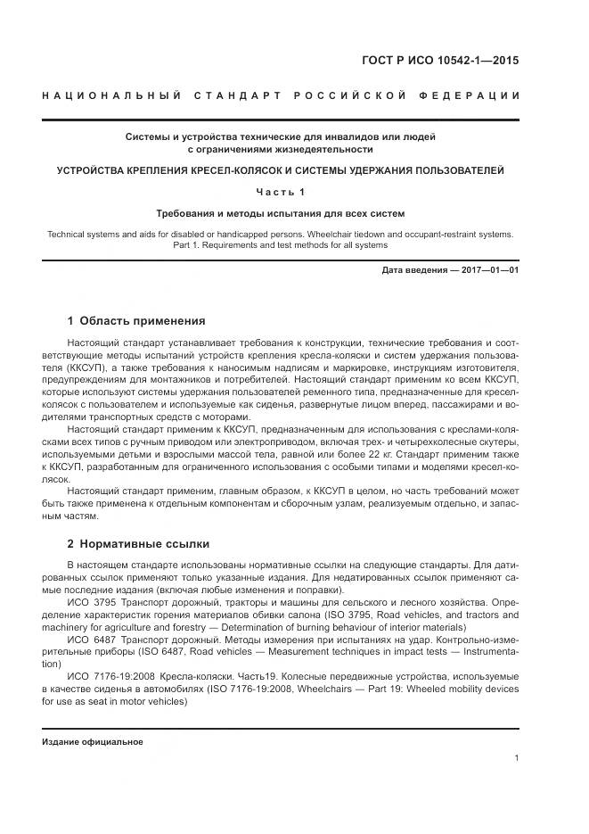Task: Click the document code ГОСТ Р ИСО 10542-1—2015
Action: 452,62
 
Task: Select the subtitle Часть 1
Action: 281,192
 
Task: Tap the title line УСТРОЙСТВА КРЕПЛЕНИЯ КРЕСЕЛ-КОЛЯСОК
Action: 281,169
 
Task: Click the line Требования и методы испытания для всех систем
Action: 281,214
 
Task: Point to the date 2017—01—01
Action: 487,269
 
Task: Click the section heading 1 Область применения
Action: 136,321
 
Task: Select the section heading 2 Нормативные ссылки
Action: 138,543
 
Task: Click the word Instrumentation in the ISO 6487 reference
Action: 488,652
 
